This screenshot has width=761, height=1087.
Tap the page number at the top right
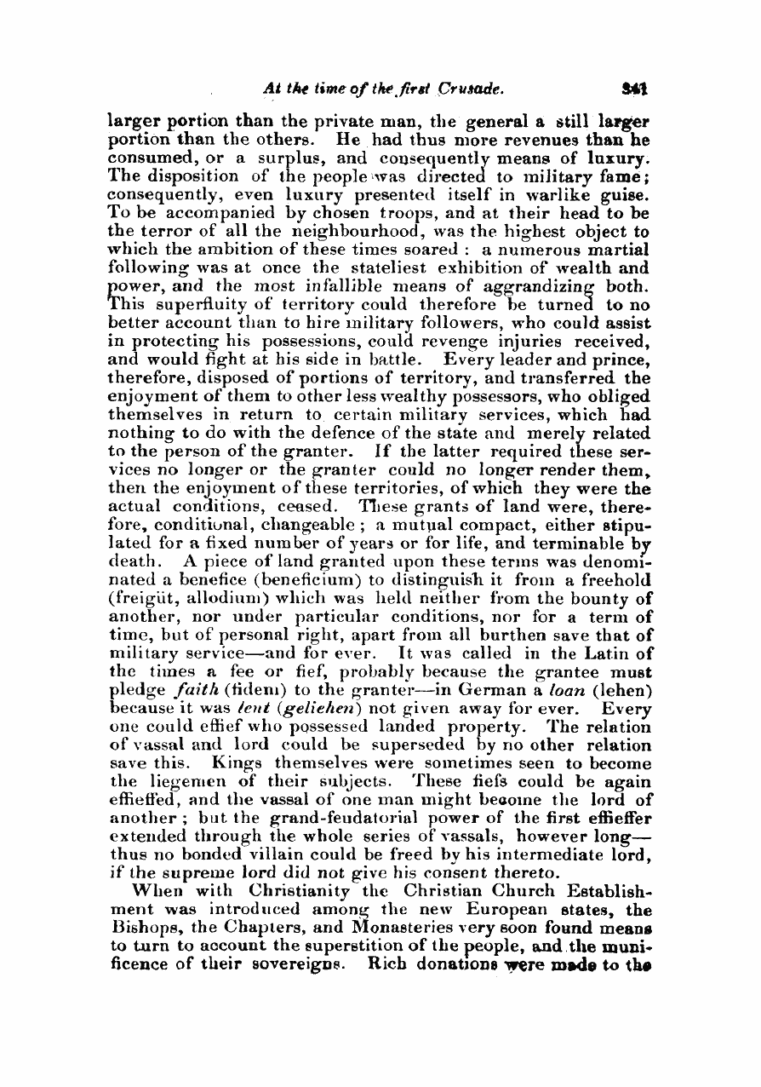click(x=633, y=88)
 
